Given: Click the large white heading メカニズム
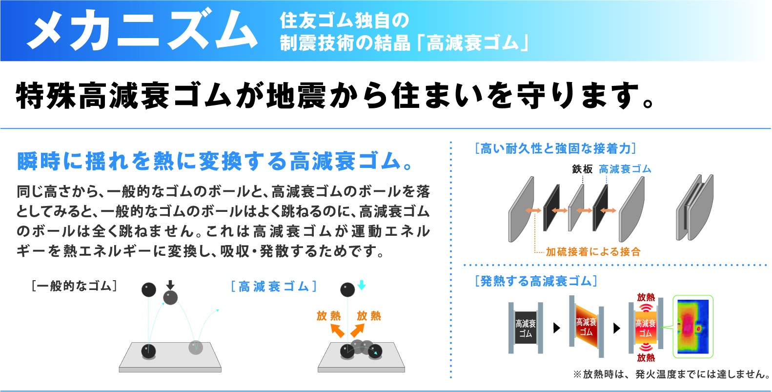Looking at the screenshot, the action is pos(142,30).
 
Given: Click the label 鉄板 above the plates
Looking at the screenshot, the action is pos(582,169).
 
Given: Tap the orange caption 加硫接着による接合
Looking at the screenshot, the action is pos(593,252).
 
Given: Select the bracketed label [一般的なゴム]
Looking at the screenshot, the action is pos(74,286).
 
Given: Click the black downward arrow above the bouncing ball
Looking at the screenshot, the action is pos(170,285).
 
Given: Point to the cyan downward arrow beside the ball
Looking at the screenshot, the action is pos(362,285).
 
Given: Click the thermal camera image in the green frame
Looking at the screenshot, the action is pos(693,327).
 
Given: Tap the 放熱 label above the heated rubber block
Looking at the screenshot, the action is pos(646,297).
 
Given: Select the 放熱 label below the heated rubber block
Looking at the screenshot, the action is pos(646,357).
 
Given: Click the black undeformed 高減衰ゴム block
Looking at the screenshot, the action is pos(526,328).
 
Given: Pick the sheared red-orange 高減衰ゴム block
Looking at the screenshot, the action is pos(586,327).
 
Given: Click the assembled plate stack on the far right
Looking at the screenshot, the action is pos(694,207).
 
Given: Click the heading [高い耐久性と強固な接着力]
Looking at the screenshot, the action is pos(555,148).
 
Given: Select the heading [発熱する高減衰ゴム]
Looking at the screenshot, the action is pos(536,281).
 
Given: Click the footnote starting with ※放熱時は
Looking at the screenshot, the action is pos(671,374).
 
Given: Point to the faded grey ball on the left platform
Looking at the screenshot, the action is pos(196,348).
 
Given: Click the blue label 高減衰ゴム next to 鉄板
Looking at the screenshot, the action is pos(625,169).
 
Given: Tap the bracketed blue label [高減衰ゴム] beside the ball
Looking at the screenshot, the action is pos(274,286).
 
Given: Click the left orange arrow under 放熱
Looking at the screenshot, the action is pos(337,330).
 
